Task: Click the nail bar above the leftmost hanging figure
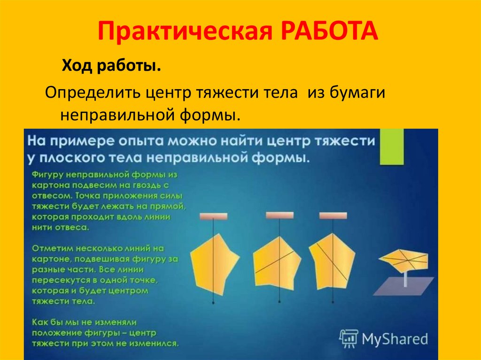click(213, 217)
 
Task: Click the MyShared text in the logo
click(395, 339)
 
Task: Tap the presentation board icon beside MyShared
click(349, 339)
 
